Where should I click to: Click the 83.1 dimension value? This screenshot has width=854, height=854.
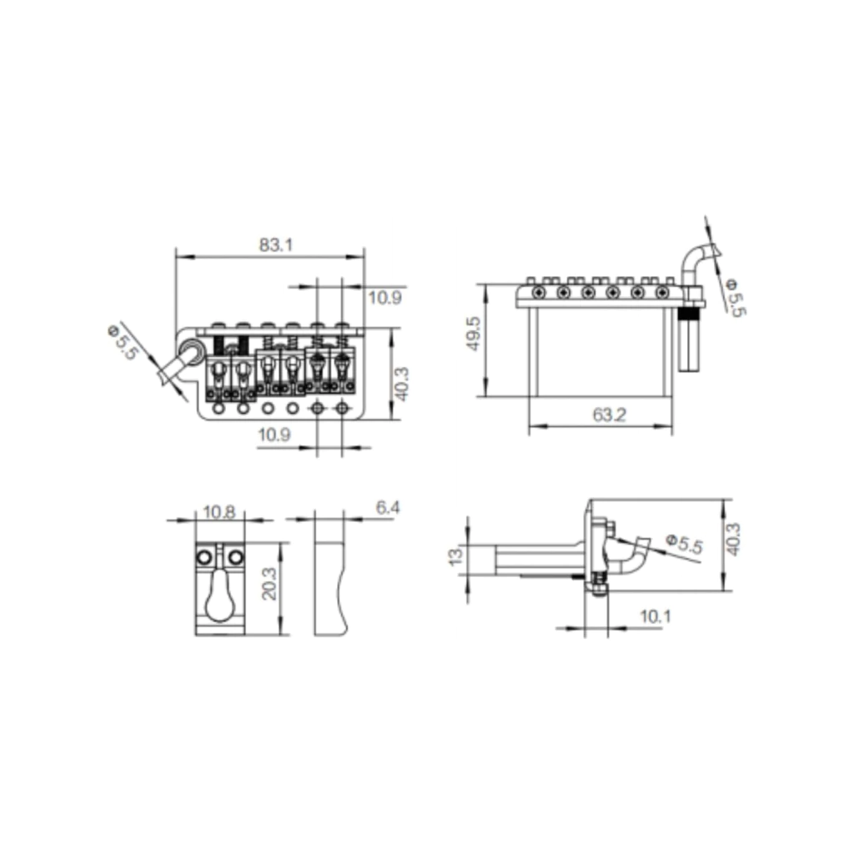pyautogui.click(x=275, y=244)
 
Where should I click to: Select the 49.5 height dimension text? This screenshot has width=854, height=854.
pyautogui.click(x=475, y=334)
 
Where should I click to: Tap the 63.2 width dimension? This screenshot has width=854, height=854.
pyautogui.click(x=610, y=415)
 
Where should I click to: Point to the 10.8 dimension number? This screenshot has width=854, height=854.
pyautogui.click(x=219, y=512)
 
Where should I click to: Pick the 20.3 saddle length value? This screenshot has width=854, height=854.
pyautogui.click(x=270, y=583)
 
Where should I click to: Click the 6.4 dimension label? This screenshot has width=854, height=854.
pyautogui.click(x=388, y=508)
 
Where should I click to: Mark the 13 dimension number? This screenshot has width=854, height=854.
pyautogui.click(x=456, y=556)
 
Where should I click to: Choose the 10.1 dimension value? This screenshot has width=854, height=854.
pyautogui.click(x=656, y=616)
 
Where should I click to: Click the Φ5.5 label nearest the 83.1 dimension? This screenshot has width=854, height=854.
pyautogui.click(x=123, y=342)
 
